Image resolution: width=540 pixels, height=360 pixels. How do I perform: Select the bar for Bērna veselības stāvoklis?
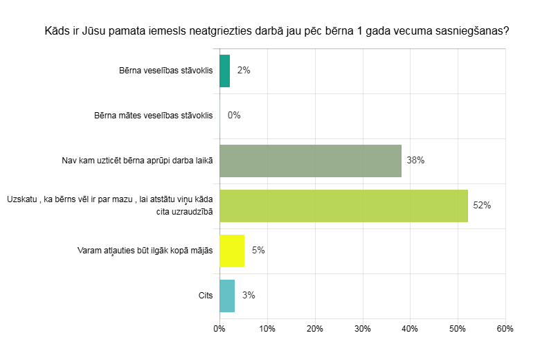pyautogui.click(x=224, y=71)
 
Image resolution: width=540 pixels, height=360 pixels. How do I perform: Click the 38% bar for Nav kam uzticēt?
pyautogui.click(x=310, y=161)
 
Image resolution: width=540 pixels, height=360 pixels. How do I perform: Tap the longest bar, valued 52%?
pyautogui.click(x=343, y=206)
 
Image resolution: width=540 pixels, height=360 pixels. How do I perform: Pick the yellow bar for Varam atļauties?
pyautogui.click(x=232, y=251)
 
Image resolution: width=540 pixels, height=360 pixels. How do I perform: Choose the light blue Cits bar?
pyautogui.click(x=227, y=296)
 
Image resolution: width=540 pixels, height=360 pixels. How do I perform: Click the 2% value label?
pyautogui.click(x=243, y=71)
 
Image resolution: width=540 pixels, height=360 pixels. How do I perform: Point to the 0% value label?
pyautogui.click(x=234, y=116)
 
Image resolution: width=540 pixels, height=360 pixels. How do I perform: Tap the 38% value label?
pyautogui.click(x=415, y=161)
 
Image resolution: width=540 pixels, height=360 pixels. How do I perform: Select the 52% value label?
pyautogui.click(x=482, y=206)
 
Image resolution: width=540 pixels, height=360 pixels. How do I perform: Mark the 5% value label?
pyautogui.click(x=258, y=251)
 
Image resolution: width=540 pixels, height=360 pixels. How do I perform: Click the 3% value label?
pyautogui.click(x=249, y=296)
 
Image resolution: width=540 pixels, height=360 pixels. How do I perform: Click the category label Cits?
pyautogui.click(x=205, y=296)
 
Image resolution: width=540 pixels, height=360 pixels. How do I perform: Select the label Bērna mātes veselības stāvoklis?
pyautogui.click(x=153, y=116)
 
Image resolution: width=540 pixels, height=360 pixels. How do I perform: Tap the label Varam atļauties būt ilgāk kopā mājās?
pyautogui.click(x=144, y=251)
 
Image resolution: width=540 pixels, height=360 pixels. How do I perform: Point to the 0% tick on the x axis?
pyautogui.click(x=219, y=329)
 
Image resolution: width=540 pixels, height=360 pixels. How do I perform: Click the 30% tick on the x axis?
pyautogui.click(x=362, y=329)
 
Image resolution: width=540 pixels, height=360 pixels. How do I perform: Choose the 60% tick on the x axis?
pyautogui.click(x=505, y=329)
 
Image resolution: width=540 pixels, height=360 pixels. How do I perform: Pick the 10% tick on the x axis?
pyautogui.click(x=267, y=329)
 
